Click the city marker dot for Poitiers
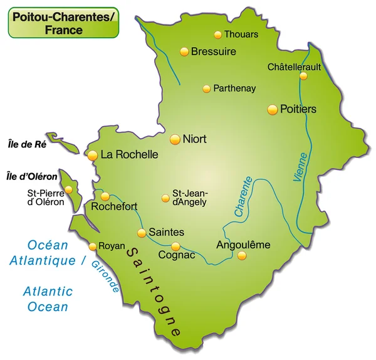272,110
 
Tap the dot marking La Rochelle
93,155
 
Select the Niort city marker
175,139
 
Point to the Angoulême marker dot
242,255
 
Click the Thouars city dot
217,35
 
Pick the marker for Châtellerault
303,76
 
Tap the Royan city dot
93,246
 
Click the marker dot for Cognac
175,246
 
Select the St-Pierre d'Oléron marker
68,189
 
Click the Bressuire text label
213,51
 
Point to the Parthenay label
234,88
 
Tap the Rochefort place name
114,206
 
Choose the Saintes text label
166,232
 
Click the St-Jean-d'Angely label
191,198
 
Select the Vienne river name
300,167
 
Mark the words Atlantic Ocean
48,299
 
